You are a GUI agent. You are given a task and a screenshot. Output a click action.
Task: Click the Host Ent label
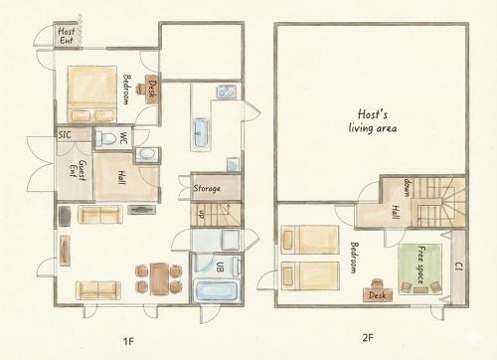click(67, 36)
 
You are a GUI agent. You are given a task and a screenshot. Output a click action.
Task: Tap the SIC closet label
click(65, 135)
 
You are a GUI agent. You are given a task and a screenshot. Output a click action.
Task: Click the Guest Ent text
click(78, 170)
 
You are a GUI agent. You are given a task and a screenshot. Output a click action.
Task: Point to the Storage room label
click(207, 188)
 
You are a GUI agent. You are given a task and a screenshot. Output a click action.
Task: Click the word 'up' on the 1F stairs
click(201, 215)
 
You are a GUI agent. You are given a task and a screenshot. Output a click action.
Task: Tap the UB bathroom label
click(220, 268)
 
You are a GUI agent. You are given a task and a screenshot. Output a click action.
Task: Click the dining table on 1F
click(159, 278)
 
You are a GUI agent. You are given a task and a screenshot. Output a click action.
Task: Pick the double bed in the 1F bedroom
click(92, 94)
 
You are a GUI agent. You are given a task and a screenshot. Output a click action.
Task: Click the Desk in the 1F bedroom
click(152, 89)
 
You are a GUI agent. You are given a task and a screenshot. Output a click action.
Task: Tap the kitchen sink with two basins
click(227, 91)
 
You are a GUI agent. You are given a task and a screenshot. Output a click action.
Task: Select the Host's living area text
click(373, 121)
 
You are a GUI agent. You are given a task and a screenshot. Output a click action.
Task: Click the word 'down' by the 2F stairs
click(408, 187)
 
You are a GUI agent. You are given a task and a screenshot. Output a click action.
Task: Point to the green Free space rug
click(419, 269)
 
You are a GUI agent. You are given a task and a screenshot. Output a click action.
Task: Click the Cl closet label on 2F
click(459, 266)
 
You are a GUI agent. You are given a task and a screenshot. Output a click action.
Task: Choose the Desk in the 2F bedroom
click(378, 294)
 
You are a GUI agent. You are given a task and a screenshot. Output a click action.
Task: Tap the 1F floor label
click(128, 341)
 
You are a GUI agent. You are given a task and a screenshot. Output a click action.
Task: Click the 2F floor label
click(368, 338)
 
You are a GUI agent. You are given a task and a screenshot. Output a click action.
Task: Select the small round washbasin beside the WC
click(146, 154)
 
